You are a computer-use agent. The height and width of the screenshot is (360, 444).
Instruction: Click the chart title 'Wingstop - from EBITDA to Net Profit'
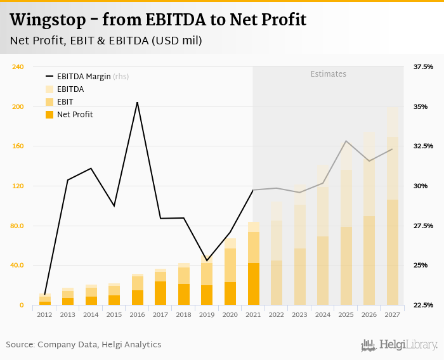point(158,20)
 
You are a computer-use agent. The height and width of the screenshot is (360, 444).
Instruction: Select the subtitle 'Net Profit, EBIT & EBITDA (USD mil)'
point(106,41)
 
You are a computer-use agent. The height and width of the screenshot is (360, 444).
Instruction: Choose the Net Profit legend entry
point(74,115)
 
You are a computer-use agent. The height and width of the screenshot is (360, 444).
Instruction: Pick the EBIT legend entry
point(65,102)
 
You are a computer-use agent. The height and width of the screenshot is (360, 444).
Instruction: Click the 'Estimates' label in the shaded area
point(328,74)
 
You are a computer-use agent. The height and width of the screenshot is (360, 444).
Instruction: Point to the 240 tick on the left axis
point(18,67)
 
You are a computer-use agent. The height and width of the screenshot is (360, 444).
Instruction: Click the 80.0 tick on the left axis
point(17,226)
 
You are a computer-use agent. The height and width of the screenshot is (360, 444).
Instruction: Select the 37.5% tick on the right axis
point(423,67)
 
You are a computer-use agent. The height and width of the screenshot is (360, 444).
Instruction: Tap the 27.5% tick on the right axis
point(423,226)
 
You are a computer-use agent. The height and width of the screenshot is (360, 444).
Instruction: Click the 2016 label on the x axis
point(137,314)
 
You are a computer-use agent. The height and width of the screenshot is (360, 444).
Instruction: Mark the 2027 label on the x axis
point(392,314)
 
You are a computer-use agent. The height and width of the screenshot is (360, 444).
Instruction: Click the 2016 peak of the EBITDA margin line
point(137,102)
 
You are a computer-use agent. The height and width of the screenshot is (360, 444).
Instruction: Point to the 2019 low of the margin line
point(207,260)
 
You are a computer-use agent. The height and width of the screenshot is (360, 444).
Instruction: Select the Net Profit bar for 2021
point(253,284)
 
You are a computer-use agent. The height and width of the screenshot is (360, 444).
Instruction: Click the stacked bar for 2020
point(230,273)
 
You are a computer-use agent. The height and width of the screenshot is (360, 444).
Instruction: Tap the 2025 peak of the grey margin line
point(346,141)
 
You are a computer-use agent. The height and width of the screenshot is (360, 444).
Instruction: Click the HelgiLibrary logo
point(399,345)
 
